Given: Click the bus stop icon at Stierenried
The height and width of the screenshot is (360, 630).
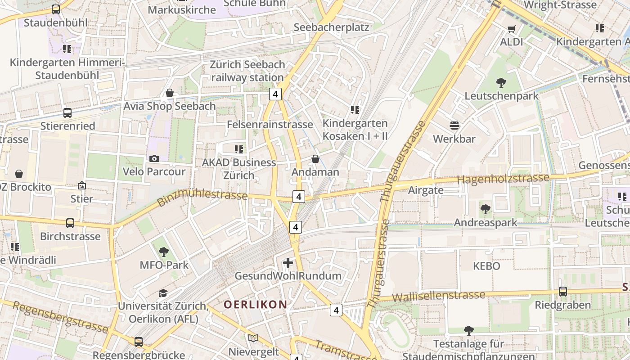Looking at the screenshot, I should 67,113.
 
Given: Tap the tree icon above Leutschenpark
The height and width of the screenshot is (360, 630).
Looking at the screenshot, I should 501,83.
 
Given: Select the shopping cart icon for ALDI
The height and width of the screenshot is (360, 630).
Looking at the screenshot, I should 511,29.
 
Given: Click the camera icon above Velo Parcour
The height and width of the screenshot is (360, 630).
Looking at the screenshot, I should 154,158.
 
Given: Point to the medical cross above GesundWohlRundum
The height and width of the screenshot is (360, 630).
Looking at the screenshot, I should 288,263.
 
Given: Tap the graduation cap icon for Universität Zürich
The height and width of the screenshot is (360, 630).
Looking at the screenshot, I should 163,293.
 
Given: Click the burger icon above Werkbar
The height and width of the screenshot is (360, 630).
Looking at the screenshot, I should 454,126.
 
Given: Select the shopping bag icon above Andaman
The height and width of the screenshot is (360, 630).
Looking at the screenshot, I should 315,159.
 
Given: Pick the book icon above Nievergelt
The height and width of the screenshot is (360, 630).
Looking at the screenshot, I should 253,338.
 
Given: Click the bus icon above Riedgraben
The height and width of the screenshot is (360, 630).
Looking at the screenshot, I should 562,292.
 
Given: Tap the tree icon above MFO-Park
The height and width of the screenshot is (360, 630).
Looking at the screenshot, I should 164,252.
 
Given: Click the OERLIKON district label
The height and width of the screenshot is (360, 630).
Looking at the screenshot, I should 255,305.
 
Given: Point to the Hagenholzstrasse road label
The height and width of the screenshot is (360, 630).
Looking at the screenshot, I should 503,179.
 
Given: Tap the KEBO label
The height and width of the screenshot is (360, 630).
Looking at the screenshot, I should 486,266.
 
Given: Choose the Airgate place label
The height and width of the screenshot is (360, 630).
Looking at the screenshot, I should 425,190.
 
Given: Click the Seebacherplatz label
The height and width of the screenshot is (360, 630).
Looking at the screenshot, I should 331,27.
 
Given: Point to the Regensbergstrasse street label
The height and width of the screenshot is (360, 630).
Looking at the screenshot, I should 60,317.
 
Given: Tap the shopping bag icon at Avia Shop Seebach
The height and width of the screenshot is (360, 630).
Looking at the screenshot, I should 170,93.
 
